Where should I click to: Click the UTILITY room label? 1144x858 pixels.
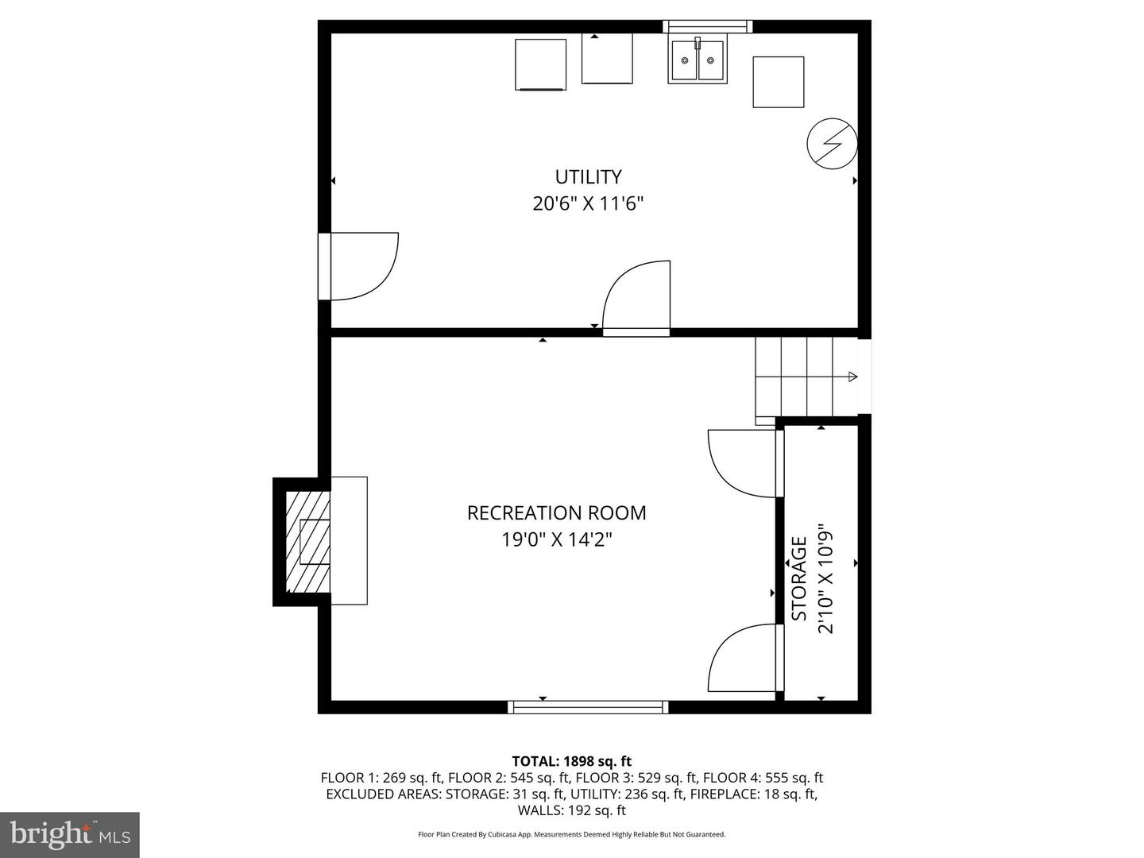click(x=588, y=176)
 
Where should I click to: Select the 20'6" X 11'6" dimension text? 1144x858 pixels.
click(x=588, y=204)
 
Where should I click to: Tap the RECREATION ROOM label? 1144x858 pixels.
click(x=556, y=513)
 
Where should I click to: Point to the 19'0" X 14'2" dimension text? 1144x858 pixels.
click(x=556, y=540)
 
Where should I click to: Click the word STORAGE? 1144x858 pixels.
click(x=799, y=578)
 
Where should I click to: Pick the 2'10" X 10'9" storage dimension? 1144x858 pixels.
click(x=826, y=578)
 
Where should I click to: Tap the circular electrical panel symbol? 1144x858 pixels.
click(x=832, y=145)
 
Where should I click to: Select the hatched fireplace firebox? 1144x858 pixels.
click(x=308, y=542)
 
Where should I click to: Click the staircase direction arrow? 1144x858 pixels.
click(x=852, y=377)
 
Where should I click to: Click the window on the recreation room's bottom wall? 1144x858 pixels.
click(x=588, y=707)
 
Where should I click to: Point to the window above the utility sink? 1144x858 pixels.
click(x=707, y=26)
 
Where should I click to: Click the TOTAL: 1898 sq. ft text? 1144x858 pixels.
click(x=572, y=762)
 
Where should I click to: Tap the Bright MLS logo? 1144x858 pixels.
click(x=70, y=834)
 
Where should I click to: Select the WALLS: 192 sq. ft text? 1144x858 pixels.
click(x=572, y=810)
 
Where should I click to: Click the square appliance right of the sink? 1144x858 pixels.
click(x=778, y=82)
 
